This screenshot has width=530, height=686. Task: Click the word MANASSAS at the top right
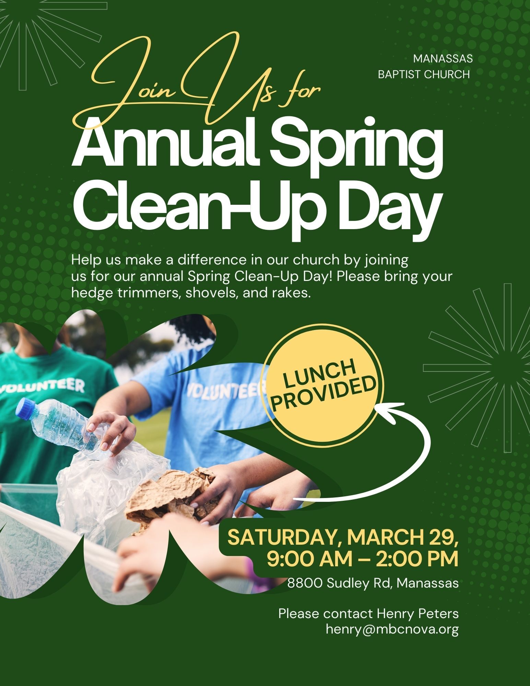[x=443, y=59]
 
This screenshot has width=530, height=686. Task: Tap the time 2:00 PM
[x=417, y=559]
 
